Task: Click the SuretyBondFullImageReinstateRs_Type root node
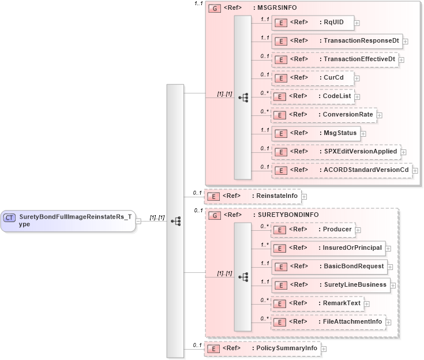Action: tap(68, 220)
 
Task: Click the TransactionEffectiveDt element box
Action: tap(335, 59)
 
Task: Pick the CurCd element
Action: tap(312, 78)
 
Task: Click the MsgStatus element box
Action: tap(316, 133)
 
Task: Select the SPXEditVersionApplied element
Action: tap(336, 152)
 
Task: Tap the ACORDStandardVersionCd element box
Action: tap(342, 170)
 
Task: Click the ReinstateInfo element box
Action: tap(253, 196)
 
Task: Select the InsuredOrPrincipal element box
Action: tap(328, 248)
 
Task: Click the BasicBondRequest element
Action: tap(328, 267)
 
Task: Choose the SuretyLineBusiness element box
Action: tap(331, 285)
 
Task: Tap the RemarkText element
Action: tap(317, 303)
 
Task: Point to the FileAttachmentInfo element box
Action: tap(328, 322)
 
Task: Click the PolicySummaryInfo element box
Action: tap(262, 348)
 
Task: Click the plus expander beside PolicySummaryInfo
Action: tap(324, 349)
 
